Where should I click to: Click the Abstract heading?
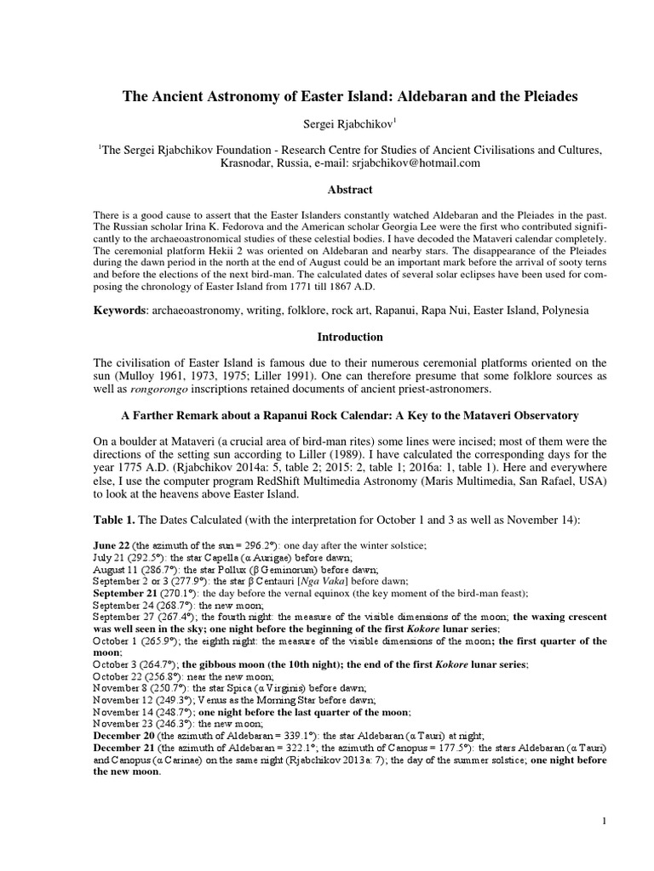point(327,190)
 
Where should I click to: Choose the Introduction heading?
point(327,338)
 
